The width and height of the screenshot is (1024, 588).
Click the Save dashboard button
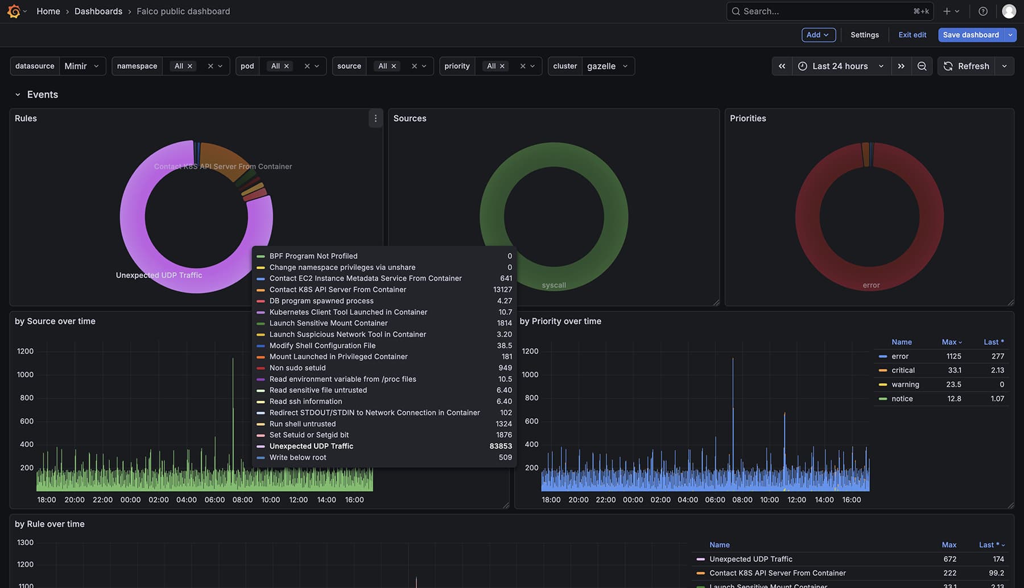click(971, 35)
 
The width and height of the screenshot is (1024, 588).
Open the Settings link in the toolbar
click(864, 35)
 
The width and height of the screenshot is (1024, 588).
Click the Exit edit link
click(912, 35)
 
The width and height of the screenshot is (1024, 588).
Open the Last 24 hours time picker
click(840, 66)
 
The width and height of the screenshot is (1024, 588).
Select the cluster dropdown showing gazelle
click(607, 66)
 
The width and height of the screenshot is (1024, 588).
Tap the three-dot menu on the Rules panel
click(375, 118)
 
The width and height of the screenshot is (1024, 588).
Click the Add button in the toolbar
click(818, 35)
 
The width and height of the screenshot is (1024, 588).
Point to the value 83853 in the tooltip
click(501, 446)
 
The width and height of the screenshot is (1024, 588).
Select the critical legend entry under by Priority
click(903, 371)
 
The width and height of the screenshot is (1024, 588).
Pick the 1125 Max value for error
click(953, 356)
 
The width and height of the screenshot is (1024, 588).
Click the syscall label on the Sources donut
click(554, 285)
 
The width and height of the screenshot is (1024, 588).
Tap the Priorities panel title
click(748, 118)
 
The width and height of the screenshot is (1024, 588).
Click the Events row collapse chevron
click(18, 94)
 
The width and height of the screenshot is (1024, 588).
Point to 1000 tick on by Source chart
click(25, 375)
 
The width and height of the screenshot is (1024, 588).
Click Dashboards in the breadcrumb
click(98, 11)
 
